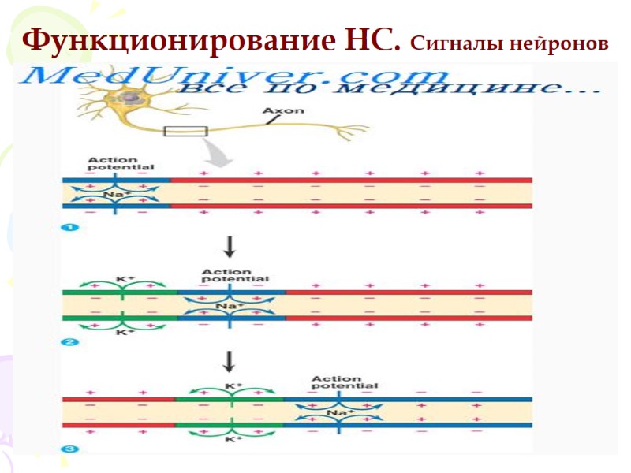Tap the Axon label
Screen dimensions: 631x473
pos(283,111)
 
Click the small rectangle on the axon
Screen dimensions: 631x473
pos(185,132)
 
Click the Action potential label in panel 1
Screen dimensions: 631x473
pos(121,163)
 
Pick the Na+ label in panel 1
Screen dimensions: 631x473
pos(114,194)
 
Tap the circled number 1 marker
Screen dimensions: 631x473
pos(67,228)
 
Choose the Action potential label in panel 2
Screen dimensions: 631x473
pos(234,276)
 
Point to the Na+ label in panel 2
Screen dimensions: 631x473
pos(226,306)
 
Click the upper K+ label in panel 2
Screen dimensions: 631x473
pos(122,279)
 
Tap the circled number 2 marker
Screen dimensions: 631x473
pos(67,341)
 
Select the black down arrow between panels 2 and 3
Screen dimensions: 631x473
pos(230,361)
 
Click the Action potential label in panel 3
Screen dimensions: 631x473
pos(344,382)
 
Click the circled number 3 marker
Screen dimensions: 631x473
pos(67,449)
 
